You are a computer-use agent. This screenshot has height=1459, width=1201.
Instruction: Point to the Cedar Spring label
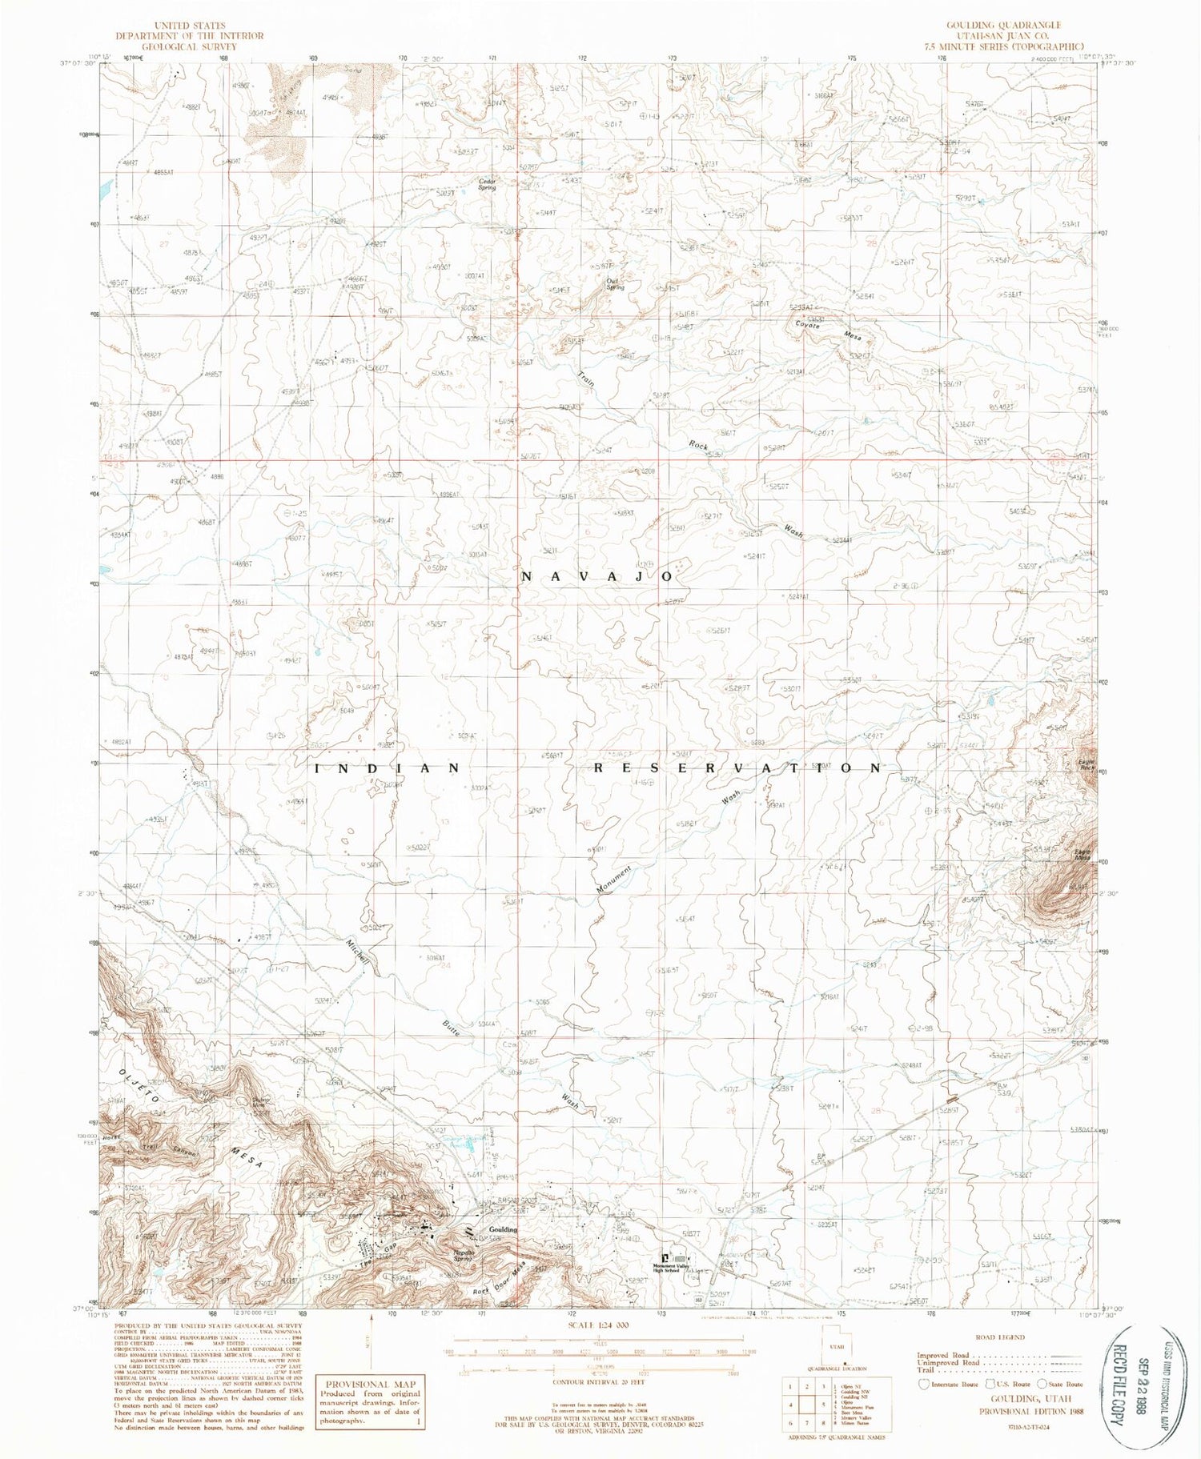pyautogui.click(x=487, y=184)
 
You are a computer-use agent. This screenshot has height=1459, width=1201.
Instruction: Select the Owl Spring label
pyautogui.click(x=614, y=283)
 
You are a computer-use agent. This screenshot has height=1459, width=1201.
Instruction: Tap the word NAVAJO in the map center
pyautogui.click(x=598, y=576)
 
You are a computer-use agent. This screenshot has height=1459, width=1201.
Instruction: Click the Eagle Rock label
pyautogui.click(x=1086, y=765)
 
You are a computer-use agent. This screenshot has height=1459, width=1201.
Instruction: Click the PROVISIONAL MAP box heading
pyautogui.click(x=369, y=1384)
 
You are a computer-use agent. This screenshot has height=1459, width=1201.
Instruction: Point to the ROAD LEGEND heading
pyautogui.click(x=1000, y=1337)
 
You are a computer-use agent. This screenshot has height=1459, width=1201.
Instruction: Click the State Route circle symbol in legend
pyautogui.click(x=1042, y=1383)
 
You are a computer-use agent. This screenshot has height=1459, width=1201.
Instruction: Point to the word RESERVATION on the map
pyautogui.click(x=737, y=768)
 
